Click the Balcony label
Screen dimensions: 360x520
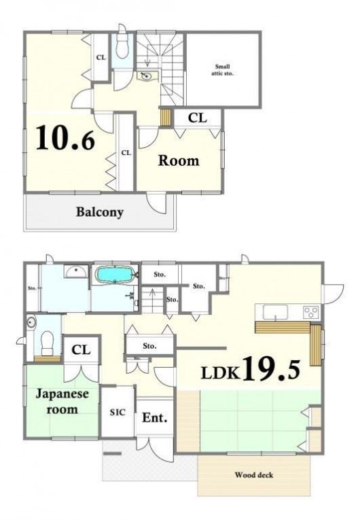pos(100,212)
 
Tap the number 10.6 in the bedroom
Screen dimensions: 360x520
pos(65,137)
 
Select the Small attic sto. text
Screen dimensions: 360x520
pos(222,70)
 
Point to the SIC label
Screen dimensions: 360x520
pos(118,412)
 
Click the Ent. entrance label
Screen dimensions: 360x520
pos(154,417)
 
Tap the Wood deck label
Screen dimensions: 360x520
pos(254,475)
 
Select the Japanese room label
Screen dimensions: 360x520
pos(62,401)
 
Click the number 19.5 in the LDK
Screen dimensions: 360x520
pos(272,369)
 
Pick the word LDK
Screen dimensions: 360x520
pos(220,373)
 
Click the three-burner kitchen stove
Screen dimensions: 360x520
pos(311,312)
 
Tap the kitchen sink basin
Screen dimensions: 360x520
pos(276,313)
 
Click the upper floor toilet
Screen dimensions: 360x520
pos(122,44)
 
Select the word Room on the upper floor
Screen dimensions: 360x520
pos(179,160)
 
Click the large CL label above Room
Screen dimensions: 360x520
pos(198,118)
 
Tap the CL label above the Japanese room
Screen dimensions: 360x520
pos(81,349)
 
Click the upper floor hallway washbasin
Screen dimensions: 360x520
pos(146,76)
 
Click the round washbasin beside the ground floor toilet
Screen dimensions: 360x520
pos(31,322)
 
